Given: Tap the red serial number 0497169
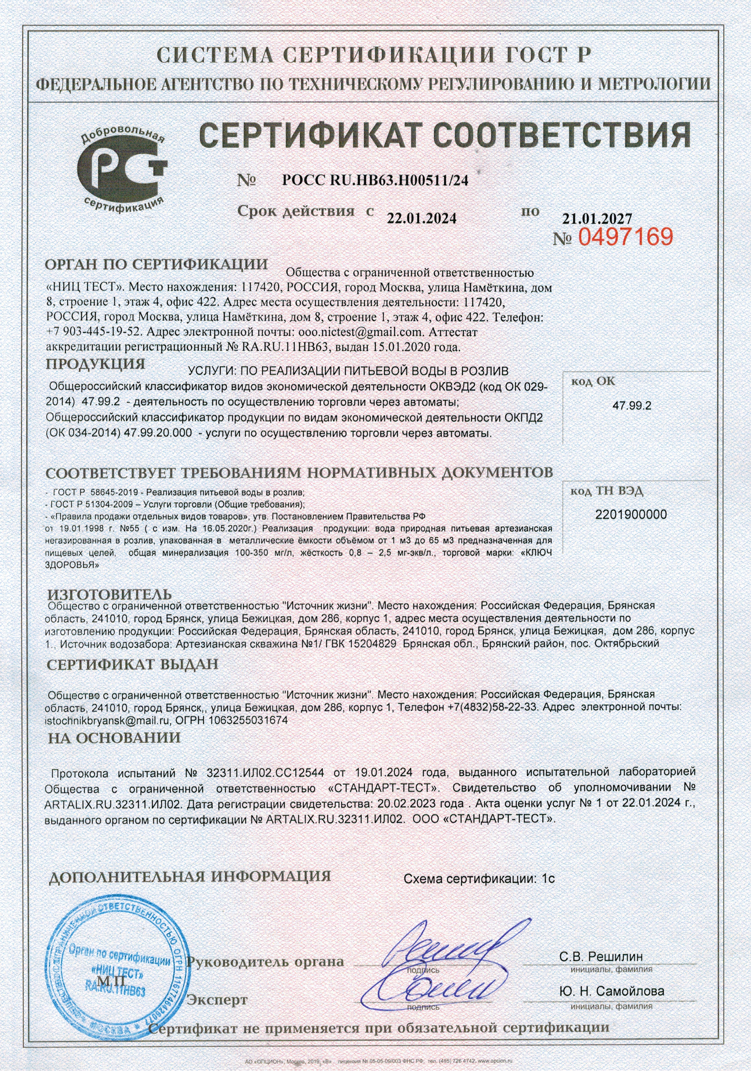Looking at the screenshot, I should (x=626, y=237).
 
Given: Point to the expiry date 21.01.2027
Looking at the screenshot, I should (x=597, y=218).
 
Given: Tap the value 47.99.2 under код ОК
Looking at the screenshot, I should (x=632, y=405).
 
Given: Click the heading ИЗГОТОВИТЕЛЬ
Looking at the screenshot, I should (x=110, y=594).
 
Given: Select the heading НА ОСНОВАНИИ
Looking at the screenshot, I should (x=114, y=737).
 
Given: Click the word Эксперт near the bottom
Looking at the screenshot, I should (x=217, y=999).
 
